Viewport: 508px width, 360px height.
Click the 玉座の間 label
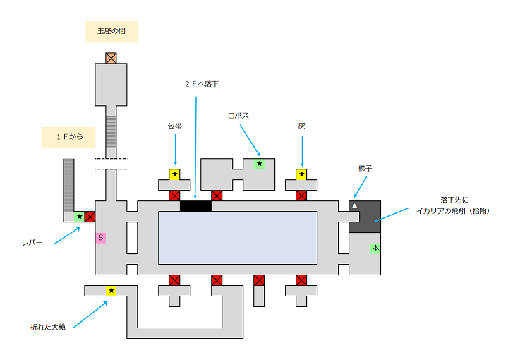click(x=111, y=31)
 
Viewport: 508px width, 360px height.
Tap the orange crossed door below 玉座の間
click(x=111, y=58)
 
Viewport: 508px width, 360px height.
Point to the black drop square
click(x=195, y=206)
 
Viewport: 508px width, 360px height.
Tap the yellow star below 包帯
click(x=174, y=174)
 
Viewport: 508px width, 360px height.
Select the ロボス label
click(x=238, y=115)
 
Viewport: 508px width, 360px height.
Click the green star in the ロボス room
click(x=259, y=164)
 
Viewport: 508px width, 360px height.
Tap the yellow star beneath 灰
click(x=301, y=174)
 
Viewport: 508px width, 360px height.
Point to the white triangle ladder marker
click(x=355, y=206)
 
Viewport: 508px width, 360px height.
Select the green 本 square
click(x=375, y=248)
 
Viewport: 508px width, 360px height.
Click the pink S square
click(x=101, y=238)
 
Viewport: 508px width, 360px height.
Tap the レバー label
click(x=32, y=242)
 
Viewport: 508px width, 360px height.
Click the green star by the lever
click(x=79, y=217)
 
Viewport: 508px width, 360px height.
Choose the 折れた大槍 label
click(x=47, y=327)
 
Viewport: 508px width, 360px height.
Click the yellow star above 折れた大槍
click(x=111, y=291)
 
